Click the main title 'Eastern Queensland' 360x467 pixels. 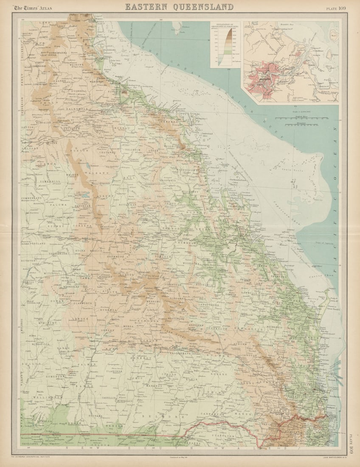(x=179, y=7)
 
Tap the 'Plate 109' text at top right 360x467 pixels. (x=336, y=8)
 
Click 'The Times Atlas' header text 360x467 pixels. (x=32, y=8)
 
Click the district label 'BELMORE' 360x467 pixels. (x=167, y=417)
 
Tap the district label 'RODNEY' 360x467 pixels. (x=55, y=227)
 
